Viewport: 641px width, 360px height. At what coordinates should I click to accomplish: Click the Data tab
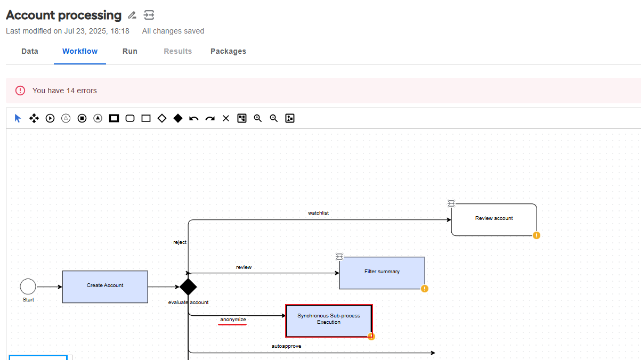pos(30,51)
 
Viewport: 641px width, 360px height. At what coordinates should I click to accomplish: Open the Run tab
pos(130,51)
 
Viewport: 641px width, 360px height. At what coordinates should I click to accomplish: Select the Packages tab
pos(229,51)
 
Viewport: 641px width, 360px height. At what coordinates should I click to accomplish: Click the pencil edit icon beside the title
pos(132,15)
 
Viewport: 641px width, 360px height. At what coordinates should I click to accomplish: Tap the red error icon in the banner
pos(20,91)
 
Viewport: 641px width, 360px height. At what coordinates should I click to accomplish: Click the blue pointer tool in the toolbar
pos(18,118)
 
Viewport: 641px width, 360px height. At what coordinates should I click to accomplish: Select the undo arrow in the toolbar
pos(194,118)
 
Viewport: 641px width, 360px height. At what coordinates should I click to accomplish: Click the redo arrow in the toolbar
pos(210,118)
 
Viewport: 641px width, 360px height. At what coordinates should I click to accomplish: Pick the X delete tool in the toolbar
pos(226,118)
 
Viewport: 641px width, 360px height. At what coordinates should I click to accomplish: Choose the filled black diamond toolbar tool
pos(178,118)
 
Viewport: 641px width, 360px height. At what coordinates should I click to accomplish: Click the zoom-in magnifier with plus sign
pos(258,118)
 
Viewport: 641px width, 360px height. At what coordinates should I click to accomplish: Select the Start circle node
pos(28,287)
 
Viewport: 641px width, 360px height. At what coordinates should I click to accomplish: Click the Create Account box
pos(105,287)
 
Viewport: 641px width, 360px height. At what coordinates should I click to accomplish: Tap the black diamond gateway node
pos(188,287)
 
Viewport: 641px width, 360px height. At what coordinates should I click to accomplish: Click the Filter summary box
pos(382,273)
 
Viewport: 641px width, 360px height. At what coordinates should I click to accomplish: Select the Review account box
pos(494,219)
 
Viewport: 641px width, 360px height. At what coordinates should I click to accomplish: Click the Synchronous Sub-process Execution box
pos(329,321)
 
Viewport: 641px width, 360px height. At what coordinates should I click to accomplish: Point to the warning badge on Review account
pos(537,235)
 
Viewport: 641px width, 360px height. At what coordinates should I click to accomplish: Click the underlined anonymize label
pos(233,320)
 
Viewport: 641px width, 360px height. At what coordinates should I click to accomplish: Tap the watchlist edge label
pos(318,213)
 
